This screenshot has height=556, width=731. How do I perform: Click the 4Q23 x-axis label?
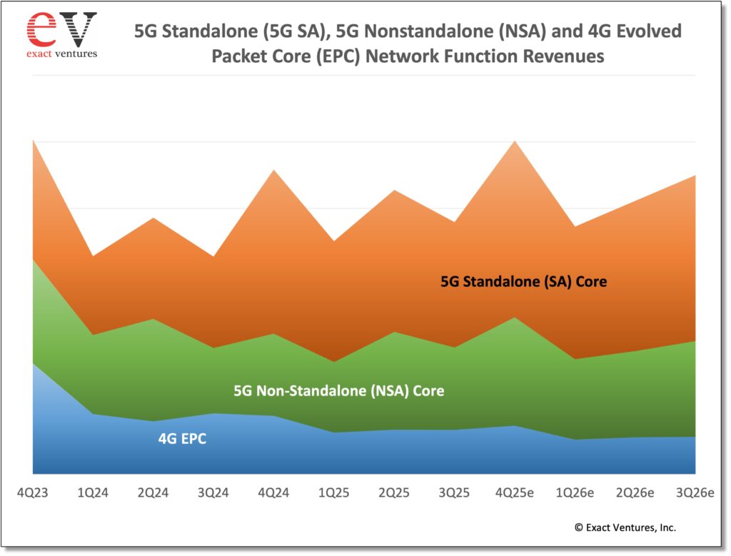(x=34, y=492)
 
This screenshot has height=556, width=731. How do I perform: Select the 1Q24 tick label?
(x=94, y=492)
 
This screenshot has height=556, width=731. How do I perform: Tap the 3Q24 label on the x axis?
(x=213, y=492)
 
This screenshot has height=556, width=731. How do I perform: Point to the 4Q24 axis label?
(x=274, y=492)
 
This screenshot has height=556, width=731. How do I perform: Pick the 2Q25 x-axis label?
(x=394, y=492)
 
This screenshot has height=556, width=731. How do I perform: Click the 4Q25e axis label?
(x=514, y=492)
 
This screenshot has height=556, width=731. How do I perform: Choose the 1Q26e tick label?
(x=575, y=492)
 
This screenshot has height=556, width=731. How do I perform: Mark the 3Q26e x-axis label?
(x=695, y=492)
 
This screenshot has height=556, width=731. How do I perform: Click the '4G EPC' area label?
(x=182, y=439)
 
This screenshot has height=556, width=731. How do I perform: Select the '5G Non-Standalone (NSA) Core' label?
(x=339, y=391)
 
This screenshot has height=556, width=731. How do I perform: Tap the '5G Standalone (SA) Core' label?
(x=524, y=281)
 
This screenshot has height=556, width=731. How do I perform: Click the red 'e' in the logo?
(x=41, y=29)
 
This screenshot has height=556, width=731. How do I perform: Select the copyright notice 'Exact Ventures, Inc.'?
(x=625, y=527)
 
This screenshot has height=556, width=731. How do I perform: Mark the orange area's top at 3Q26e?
(x=695, y=176)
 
